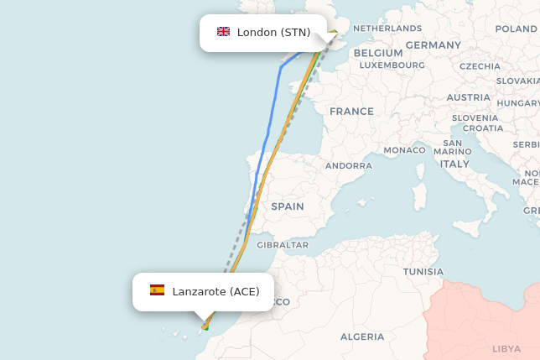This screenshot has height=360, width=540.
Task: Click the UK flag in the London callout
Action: coord(223,32)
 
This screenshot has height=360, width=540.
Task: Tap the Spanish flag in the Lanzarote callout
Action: coord(157,290)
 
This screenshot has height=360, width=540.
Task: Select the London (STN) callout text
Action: coord(273,33)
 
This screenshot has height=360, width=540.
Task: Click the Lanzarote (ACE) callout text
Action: coord(215,292)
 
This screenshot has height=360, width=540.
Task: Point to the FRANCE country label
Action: coord(351,112)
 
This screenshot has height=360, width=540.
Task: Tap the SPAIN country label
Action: coord(288,206)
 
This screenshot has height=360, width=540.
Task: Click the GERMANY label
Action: coord(433,45)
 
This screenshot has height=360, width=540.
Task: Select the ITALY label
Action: coord(455,164)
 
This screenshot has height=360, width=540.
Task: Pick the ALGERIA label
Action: coord(362,337)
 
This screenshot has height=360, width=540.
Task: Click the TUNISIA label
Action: coord(423,272)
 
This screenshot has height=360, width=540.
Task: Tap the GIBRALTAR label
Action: coord(283,245)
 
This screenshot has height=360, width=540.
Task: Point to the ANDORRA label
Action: coord(349,166)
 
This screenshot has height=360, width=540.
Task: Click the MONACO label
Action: coord(405,150)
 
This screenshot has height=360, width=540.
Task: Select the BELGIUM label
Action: coord(373,53)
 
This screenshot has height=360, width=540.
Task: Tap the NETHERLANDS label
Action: coord(387,29)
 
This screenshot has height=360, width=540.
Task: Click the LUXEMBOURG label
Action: coord(392,65)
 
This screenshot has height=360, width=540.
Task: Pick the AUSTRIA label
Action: coord(468,97)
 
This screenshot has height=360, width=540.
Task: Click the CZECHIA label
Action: coord(480,66)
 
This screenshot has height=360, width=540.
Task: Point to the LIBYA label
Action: coord(506,348)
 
